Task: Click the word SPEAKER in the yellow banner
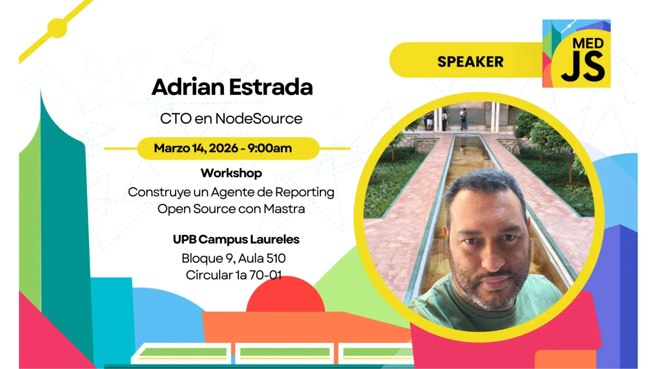[x=470, y=62]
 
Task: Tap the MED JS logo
[x=576, y=54]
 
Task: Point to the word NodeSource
[x=259, y=119]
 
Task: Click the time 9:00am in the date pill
[x=270, y=148]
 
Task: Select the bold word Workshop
[x=231, y=173]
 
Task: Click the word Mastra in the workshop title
[x=284, y=209]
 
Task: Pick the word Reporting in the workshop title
[x=305, y=192]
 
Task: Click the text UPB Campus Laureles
[x=236, y=239]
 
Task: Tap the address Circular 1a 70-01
[x=233, y=275]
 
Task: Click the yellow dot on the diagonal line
[x=57, y=28]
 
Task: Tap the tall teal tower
[x=62, y=205]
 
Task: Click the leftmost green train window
[x=183, y=352]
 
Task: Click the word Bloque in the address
[x=202, y=258]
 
